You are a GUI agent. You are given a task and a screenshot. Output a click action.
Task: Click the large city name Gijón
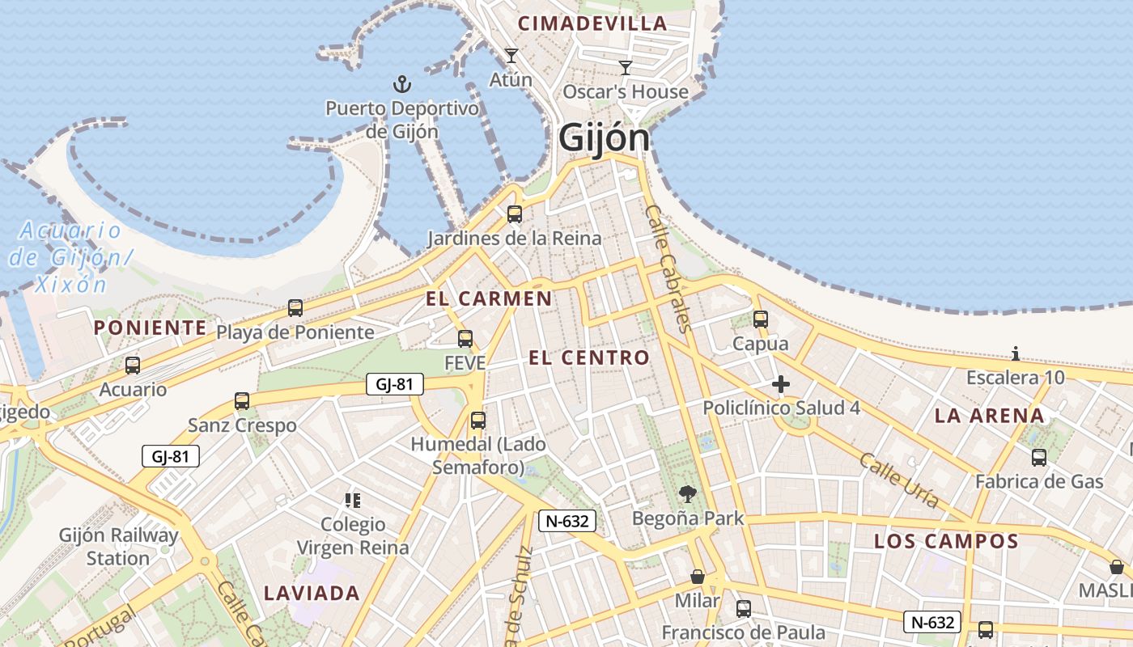(604, 138)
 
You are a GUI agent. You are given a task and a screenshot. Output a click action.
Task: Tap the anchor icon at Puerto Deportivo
(401, 83)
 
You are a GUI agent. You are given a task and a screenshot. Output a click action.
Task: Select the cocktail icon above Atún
(511, 56)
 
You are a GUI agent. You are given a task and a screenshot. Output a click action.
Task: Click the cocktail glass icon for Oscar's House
(626, 67)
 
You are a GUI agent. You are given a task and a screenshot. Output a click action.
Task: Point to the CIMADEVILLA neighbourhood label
(592, 23)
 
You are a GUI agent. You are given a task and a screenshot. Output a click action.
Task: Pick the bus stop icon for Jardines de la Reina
(514, 214)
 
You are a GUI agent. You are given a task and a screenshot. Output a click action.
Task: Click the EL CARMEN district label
(489, 298)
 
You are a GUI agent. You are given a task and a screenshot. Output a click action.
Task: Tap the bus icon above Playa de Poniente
(295, 308)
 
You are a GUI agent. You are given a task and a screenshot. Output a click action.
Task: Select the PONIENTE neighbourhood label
(151, 328)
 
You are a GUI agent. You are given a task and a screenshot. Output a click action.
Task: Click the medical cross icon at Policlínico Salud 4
(781, 384)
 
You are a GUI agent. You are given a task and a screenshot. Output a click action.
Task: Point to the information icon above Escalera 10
(1016, 353)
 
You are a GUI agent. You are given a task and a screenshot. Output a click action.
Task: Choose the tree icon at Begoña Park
(688, 493)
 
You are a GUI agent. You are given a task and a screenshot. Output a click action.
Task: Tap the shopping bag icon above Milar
(697, 577)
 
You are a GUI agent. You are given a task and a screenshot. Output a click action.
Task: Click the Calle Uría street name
(898, 480)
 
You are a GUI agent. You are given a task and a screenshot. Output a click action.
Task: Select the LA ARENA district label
(989, 416)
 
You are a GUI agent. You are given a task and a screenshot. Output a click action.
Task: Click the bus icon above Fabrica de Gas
(1039, 458)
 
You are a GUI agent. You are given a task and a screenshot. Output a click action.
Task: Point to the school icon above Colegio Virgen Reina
(352, 501)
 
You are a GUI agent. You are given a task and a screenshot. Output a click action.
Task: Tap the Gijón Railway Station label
(118, 547)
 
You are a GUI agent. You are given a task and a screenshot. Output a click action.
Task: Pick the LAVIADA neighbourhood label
(312, 593)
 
